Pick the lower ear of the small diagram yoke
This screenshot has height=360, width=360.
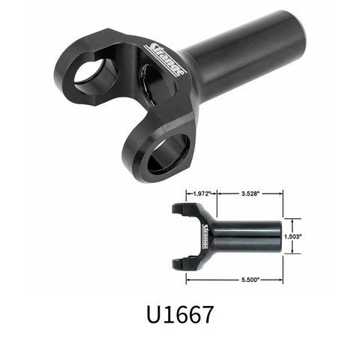click(x=184, y=262)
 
